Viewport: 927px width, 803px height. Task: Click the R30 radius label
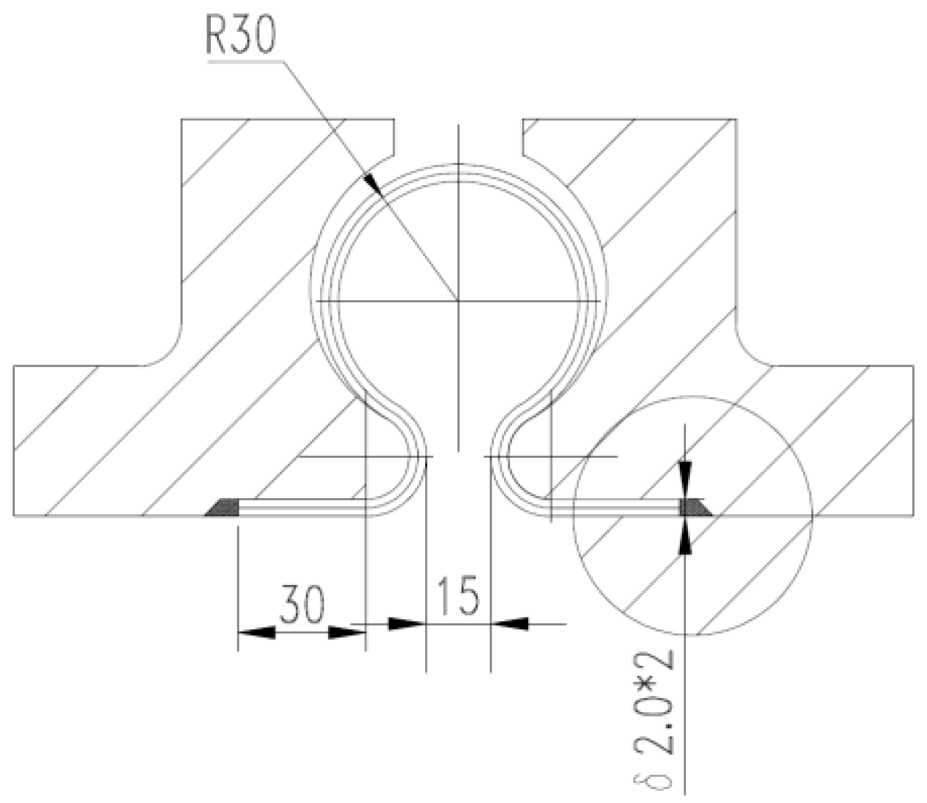241,36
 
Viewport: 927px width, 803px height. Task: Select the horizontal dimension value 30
302,604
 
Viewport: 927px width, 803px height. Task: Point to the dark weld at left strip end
223,508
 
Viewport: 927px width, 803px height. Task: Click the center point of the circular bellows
458,300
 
